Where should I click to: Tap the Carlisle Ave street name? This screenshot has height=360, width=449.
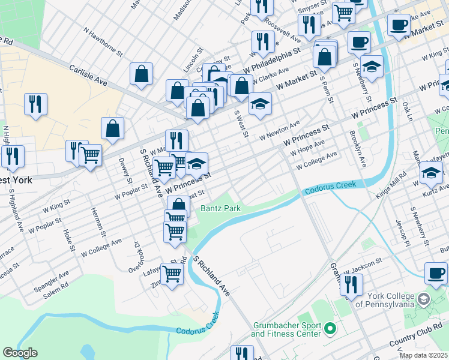tap(88, 75)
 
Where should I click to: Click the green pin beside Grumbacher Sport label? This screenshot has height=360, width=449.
tap(330, 328)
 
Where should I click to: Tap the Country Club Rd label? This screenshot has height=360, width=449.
tap(414, 338)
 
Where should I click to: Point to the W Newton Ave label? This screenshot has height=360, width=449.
tap(279, 131)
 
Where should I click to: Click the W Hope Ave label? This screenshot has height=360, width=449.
tap(307, 148)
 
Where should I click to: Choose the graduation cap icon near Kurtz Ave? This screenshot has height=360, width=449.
tap(431, 174)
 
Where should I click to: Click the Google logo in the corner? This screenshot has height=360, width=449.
tap(20, 353)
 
